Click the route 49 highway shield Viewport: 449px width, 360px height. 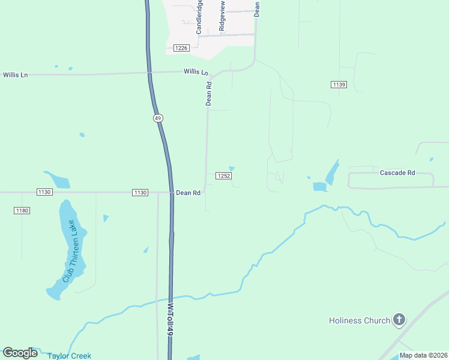(158, 119)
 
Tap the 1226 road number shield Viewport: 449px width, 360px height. (181, 48)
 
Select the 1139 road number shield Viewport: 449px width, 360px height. (339, 85)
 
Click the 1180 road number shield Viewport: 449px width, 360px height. (22, 211)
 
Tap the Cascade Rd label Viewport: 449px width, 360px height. (397, 173)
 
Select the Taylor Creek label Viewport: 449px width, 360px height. (70, 356)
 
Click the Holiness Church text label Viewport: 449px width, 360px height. (360, 320)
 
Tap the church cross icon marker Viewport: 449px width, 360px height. (399, 320)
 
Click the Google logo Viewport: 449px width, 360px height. (20, 353)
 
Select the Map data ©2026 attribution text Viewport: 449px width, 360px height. (423, 355)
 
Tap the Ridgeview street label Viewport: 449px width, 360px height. (222, 16)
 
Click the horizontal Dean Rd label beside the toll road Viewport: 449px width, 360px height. (188, 193)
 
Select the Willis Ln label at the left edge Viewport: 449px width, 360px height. (16, 75)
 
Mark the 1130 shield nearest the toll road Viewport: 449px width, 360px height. (139, 192)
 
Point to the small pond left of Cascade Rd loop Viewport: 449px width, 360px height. (319, 187)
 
